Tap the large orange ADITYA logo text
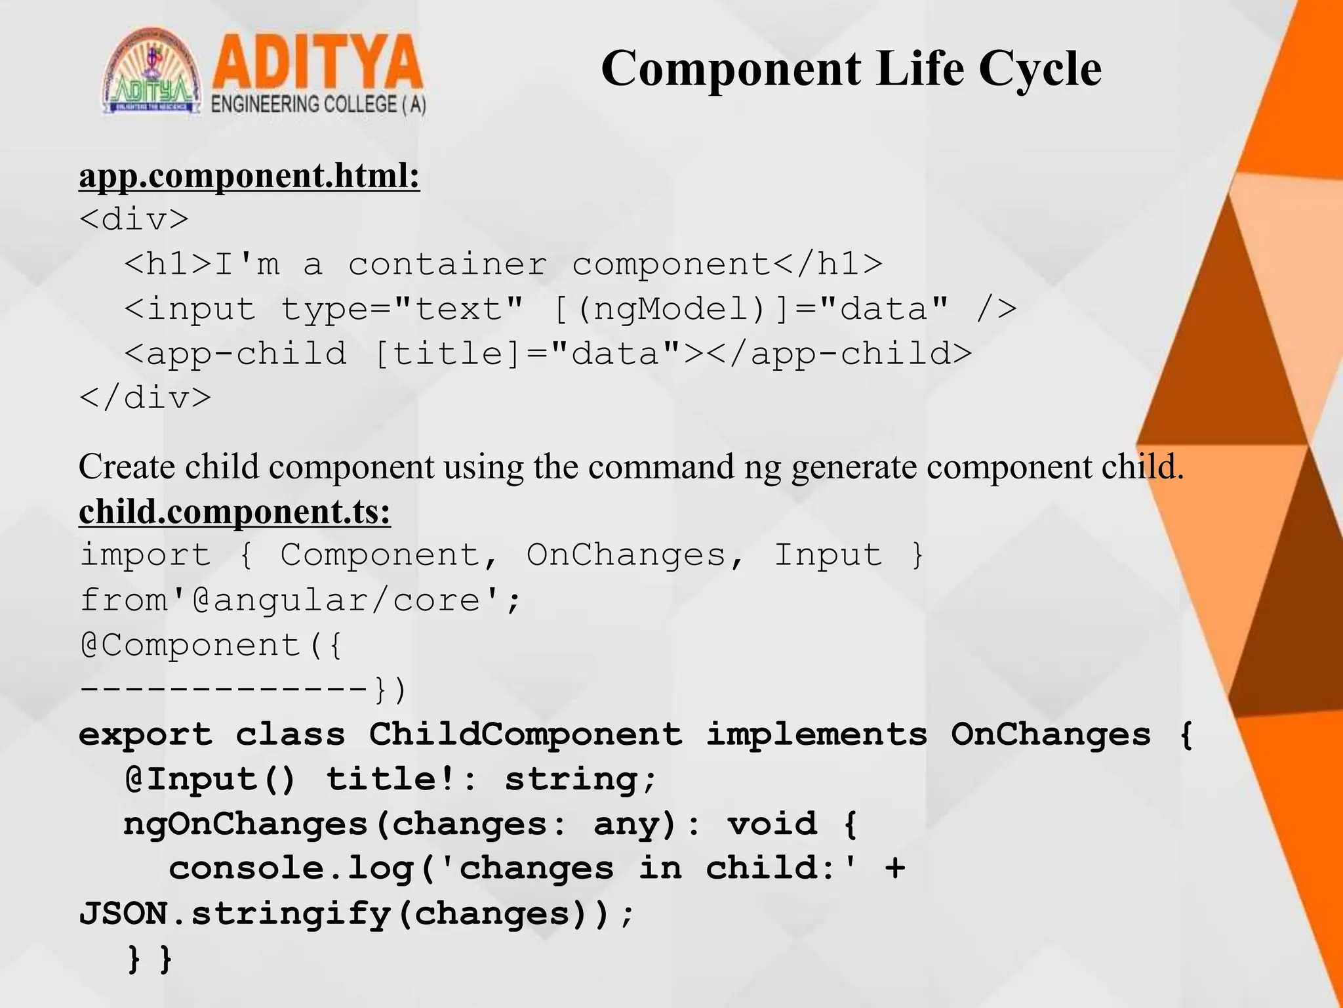[x=317, y=64]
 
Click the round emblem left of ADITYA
[x=152, y=72]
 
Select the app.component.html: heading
[x=249, y=177]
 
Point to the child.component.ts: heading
[x=235, y=512]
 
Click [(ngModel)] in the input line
[x=670, y=309]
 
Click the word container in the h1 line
[x=447, y=264]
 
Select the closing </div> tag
[x=145, y=398]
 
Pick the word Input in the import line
[x=828, y=556]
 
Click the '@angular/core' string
[x=345, y=600]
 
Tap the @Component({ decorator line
[x=210, y=645]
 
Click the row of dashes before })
[x=223, y=690]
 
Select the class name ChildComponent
[x=525, y=734]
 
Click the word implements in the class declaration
[x=816, y=734]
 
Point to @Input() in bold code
[x=210, y=780]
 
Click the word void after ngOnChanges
[x=772, y=824]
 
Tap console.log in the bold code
[x=292, y=869]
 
